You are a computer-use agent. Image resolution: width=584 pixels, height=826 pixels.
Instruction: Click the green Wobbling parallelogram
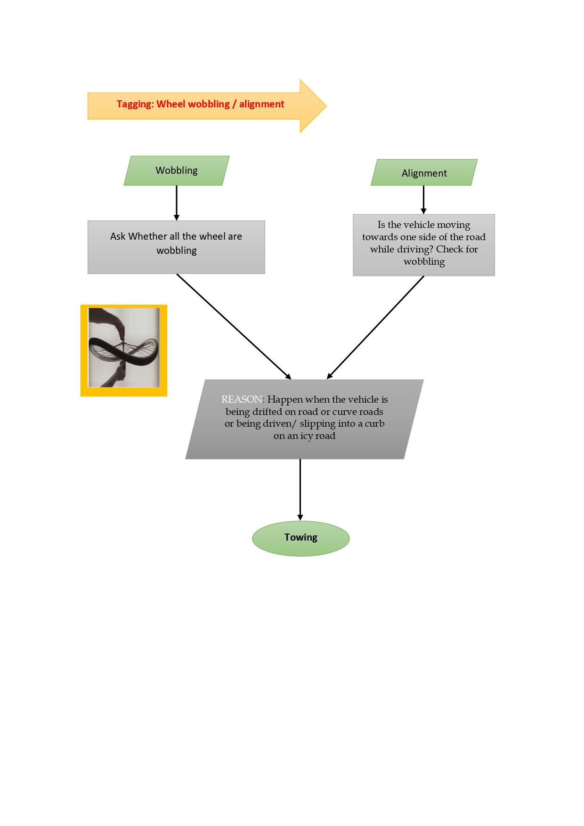click(x=177, y=170)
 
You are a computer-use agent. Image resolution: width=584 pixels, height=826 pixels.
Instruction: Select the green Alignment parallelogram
click(x=424, y=173)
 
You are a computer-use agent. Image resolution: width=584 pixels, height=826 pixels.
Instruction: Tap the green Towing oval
click(x=300, y=538)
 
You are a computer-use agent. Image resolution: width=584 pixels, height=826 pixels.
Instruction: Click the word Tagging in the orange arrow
click(x=135, y=104)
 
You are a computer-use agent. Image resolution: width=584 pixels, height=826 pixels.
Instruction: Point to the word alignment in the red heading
click(x=261, y=104)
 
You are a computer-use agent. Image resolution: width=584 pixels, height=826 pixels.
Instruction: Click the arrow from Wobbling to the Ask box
click(x=177, y=202)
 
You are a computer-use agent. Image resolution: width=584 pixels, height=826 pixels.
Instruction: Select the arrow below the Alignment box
click(x=423, y=200)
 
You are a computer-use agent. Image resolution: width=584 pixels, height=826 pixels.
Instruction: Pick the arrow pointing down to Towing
click(x=300, y=490)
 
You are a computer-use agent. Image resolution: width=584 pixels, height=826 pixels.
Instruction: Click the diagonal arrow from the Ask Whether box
click(x=234, y=326)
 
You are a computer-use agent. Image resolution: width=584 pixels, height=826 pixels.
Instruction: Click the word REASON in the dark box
click(x=241, y=399)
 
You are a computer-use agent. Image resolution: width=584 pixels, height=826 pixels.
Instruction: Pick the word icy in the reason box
click(x=306, y=436)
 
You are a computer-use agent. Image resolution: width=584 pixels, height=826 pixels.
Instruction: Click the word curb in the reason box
click(x=374, y=423)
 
